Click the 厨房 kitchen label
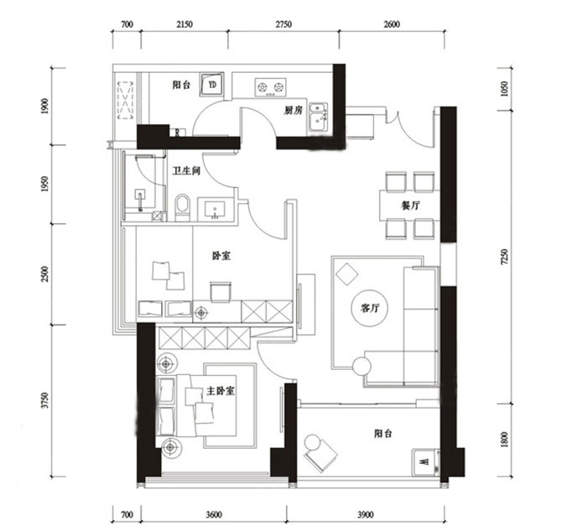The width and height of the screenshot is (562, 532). [292, 110]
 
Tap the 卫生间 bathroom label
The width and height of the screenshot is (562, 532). [186, 170]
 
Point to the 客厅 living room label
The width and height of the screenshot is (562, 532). [371, 308]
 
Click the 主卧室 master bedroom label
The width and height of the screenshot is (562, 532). [220, 392]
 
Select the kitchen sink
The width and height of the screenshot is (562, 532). [318, 117]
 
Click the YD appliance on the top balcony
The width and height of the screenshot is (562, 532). [213, 86]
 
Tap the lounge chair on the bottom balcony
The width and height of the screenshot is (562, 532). [319, 453]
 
